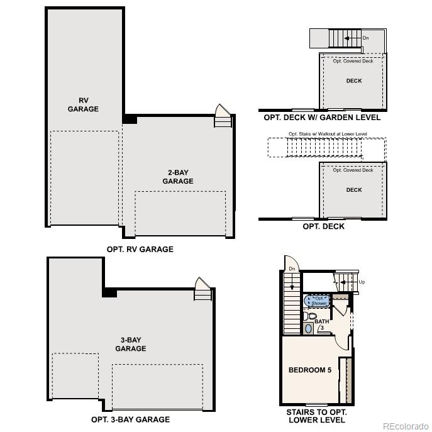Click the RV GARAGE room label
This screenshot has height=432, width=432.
[x=84, y=104]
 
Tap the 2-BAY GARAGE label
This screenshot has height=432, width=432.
[x=178, y=177]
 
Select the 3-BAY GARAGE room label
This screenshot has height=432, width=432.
[x=131, y=344]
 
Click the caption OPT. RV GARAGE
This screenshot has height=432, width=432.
[x=140, y=249]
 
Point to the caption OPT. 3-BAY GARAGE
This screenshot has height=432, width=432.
[x=130, y=419]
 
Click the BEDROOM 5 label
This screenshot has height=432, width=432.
[x=309, y=370]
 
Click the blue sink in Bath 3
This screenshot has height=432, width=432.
[x=308, y=328]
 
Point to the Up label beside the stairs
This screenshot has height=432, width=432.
[x=362, y=282]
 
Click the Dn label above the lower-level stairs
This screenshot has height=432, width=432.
[x=291, y=269]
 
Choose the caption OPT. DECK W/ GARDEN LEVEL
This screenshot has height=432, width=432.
[x=322, y=118]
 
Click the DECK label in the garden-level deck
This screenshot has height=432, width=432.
[x=354, y=80]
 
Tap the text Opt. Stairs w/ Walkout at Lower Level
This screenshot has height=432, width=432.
[x=327, y=134]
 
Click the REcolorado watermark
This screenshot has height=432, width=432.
[x=406, y=424]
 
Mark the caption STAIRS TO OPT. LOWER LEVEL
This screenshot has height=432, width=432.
[x=315, y=416]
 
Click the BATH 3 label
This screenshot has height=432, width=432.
[x=322, y=324]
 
